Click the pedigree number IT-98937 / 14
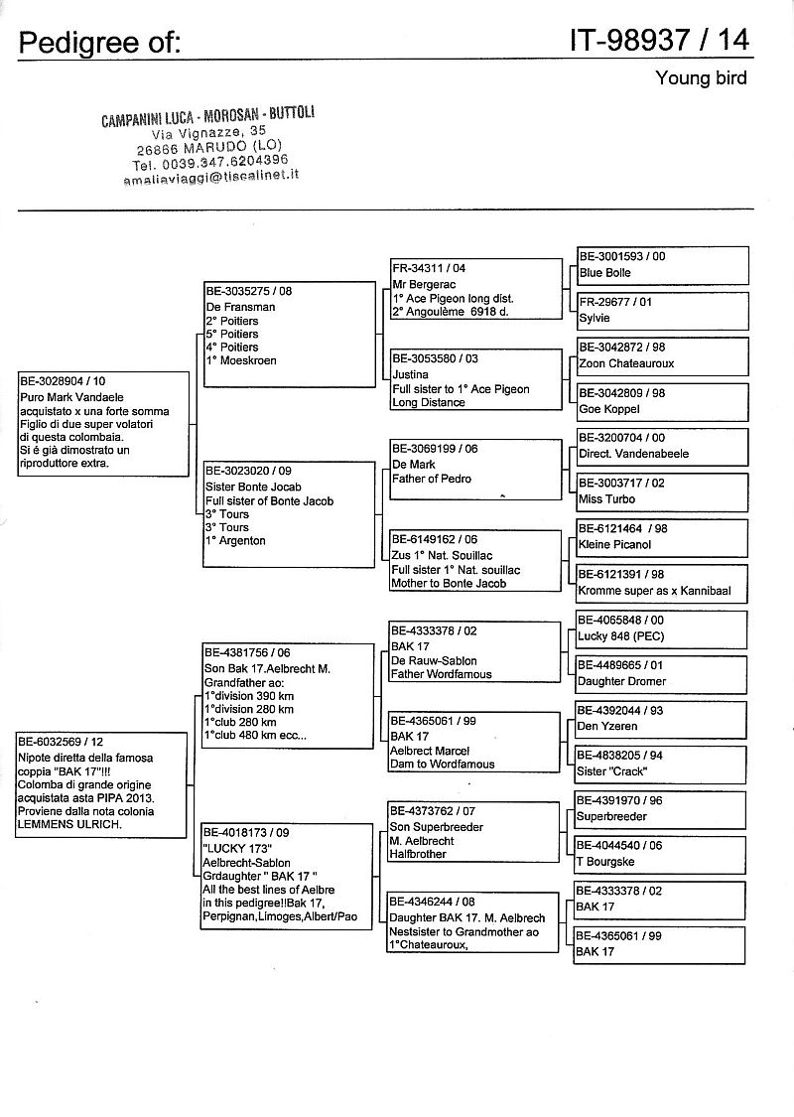click(659, 40)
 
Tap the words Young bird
click(701, 78)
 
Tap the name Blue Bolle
click(604, 273)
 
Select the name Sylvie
click(595, 319)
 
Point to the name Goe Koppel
click(608, 409)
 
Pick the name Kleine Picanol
click(616, 545)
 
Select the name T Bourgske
click(605, 862)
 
